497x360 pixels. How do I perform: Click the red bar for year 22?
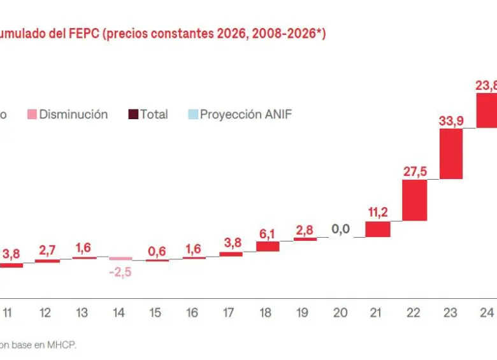coord(415,200)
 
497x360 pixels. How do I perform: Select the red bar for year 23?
coord(451,154)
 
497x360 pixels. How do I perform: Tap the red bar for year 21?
coord(378,229)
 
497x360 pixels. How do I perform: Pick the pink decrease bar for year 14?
coord(120,259)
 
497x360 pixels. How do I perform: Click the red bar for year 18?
coord(268,246)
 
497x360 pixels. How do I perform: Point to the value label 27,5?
coord(415,171)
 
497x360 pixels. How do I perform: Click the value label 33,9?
coord(451,120)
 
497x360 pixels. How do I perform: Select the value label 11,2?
coord(378,212)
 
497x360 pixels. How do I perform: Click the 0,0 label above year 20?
coord(341,229)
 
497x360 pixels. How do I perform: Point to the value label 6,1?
coord(268,233)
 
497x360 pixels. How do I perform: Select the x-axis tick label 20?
coord(341,313)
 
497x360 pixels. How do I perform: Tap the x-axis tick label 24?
coord(487,313)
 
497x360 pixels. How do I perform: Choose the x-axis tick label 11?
coord(8,313)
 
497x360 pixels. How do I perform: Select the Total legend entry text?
coord(154,115)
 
